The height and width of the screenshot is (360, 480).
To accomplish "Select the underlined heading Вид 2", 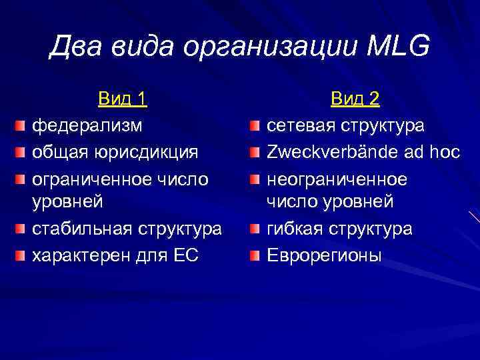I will [x=355, y=99].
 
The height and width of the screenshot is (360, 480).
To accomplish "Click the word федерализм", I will [x=87, y=125].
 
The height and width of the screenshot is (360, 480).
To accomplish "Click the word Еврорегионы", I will [x=324, y=255].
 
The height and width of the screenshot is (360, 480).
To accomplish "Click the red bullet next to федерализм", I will [x=22, y=125].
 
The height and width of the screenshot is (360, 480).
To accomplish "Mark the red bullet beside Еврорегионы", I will [x=255, y=255].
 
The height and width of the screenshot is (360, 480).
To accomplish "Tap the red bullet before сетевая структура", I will [x=255, y=125].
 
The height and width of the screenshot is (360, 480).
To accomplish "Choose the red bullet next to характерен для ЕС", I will [x=22, y=255].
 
